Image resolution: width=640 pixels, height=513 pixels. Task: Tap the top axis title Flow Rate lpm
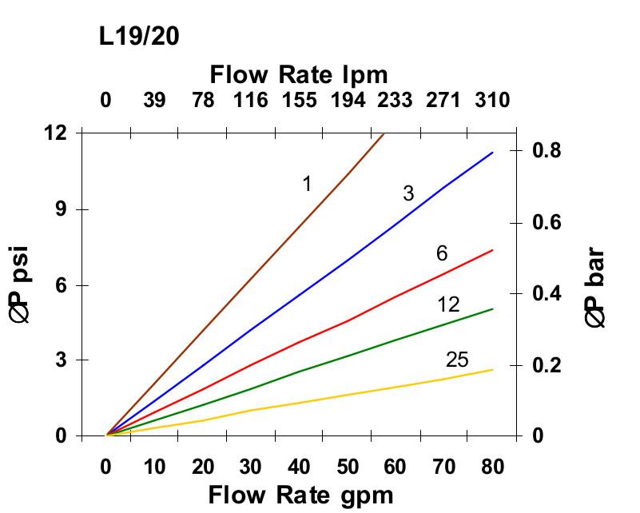[x=299, y=75]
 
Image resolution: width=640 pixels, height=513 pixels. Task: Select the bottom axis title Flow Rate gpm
[x=300, y=495]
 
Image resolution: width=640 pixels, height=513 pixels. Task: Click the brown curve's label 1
[x=307, y=184]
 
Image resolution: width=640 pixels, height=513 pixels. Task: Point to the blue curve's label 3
[x=408, y=193]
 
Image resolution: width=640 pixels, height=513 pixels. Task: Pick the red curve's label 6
[x=442, y=254]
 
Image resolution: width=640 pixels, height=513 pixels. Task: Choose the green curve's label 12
[x=448, y=304]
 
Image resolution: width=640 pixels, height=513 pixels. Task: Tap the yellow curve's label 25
[x=457, y=360]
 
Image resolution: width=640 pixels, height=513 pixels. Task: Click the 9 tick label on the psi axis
[x=61, y=209]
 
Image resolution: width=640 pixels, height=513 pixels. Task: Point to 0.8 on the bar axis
[x=547, y=150]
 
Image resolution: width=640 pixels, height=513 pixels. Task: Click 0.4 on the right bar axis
[x=547, y=294]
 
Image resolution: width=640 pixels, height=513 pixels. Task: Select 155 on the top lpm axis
[x=299, y=101]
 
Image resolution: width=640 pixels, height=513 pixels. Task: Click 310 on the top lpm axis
[x=492, y=101]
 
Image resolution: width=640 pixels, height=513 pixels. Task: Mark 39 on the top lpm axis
[x=155, y=101]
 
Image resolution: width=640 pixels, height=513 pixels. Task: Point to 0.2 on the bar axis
[x=547, y=365]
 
